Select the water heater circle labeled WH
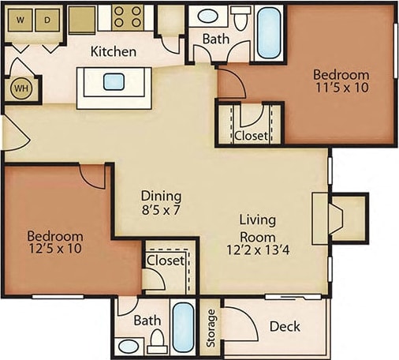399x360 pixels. [x=20, y=88]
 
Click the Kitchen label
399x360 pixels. [x=114, y=52]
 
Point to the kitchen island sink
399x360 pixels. [x=114, y=81]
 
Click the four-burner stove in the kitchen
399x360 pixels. [x=128, y=16]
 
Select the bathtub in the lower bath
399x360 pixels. [x=183, y=325]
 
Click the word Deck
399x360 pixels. [x=284, y=327]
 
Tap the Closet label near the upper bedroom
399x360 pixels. [x=251, y=135]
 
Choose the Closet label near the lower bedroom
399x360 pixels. [x=166, y=260]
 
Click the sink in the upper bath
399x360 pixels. [x=210, y=15]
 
